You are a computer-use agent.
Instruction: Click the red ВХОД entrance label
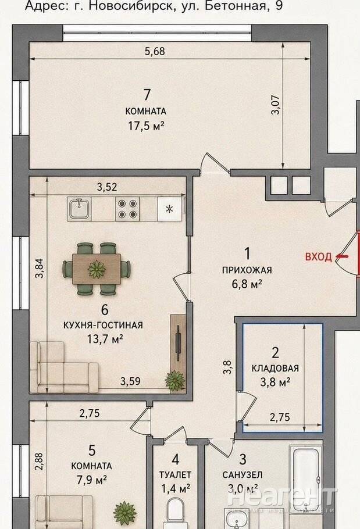319,257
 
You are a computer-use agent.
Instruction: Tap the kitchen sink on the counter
79,208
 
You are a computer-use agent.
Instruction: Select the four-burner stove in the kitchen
127,209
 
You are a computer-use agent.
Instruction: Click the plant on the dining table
97,269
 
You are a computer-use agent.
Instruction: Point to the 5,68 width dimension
155,52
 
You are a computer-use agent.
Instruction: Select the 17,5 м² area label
146,126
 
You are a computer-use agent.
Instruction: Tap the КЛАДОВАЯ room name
275,368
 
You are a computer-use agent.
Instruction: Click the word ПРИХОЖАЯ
247,270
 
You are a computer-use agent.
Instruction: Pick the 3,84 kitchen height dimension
40,268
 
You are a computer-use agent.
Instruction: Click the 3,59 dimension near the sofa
130,381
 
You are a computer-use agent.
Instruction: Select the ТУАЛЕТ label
175,475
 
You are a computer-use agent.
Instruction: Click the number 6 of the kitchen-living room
105,309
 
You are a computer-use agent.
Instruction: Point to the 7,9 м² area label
92,480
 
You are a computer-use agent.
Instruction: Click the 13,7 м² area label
105,339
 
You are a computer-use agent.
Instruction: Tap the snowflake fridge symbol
169,209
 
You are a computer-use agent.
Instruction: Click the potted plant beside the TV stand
174,381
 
